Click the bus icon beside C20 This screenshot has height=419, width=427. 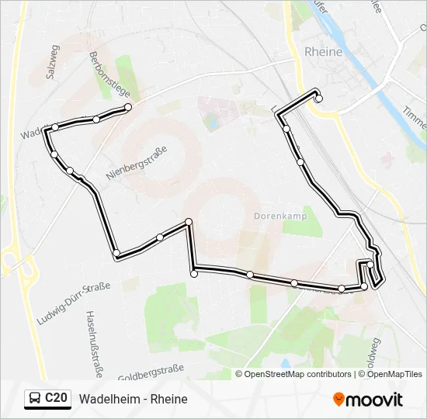pyautogui.click(x=35, y=399)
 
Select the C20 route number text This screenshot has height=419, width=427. pyautogui.click(x=55, y=399)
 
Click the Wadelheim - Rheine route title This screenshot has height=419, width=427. pyautogui.click(x=133, y=399)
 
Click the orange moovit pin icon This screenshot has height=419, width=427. pyautogui.click(x=339, y=400)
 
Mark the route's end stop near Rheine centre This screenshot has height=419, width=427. pyautogui.click(x=318, y=98)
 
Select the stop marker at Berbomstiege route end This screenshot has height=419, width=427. pyautogui.click(x=128, y=107)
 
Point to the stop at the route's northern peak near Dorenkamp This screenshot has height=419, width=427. pyautogui.click(x=189, y=222)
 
